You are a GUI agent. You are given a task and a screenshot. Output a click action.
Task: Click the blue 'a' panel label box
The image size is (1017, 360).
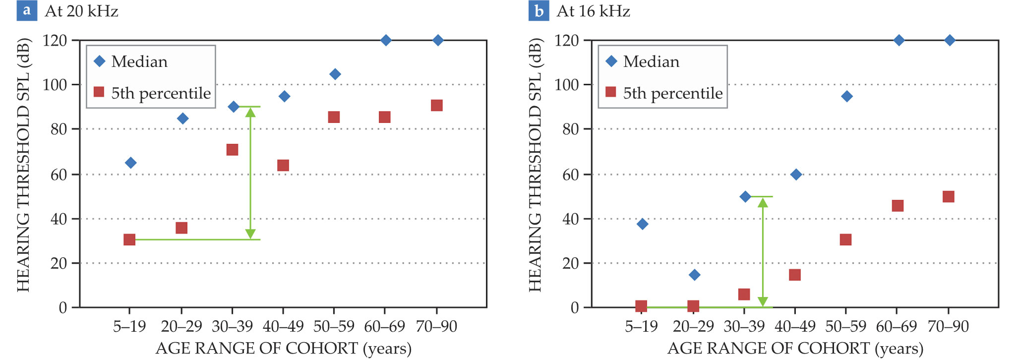coord(27,10)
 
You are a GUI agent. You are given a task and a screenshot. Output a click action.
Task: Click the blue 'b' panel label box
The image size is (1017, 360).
coord(538,10)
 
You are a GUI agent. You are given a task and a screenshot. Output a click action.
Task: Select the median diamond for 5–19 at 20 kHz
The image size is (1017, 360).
coord(130,163)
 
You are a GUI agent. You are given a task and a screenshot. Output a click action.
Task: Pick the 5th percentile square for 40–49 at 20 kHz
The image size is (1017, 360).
coord(283,165)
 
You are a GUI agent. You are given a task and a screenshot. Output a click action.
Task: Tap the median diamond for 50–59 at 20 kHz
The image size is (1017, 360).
coord(335,74)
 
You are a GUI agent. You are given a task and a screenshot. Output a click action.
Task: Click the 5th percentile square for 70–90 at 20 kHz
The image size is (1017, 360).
coord(437,105)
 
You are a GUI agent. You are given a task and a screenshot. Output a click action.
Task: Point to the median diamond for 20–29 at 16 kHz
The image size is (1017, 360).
coord(694,275)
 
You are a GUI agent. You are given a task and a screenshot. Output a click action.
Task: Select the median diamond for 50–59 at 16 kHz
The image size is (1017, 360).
coord(847,96)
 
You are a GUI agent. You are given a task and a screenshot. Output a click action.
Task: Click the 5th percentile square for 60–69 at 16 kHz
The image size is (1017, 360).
coord(897,206)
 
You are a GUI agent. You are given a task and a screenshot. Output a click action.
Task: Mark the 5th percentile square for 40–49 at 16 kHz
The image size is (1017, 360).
coord(795,275)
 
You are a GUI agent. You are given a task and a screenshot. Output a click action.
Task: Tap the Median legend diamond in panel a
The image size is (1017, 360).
coord(100,61)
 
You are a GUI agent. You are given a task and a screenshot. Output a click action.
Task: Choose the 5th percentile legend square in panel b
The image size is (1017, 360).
coord(611,92)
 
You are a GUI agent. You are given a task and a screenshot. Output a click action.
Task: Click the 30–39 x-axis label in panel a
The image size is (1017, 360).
coord(232,327)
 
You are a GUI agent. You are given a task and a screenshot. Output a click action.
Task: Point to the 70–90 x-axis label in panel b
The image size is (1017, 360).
coord(948,327)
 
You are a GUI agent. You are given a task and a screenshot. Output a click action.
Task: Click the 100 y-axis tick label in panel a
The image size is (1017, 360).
coord(55,85)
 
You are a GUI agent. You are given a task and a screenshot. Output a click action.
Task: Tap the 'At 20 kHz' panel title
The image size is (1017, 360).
coord(81,11)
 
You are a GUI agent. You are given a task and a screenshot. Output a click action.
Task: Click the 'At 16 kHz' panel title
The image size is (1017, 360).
coord(593,11)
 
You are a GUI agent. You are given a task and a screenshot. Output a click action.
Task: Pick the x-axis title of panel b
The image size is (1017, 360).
coord(795,349)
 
